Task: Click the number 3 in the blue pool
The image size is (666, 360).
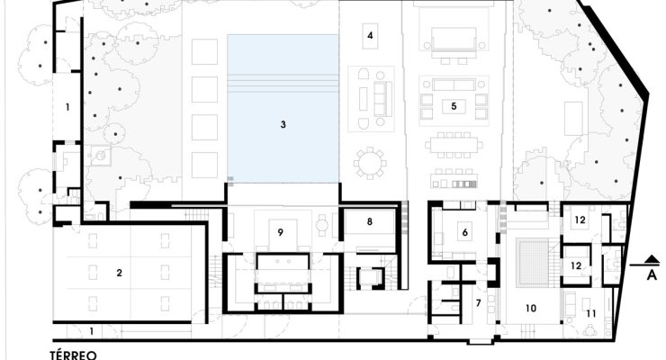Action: (283, 124)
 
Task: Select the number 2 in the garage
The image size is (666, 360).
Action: (119, 273)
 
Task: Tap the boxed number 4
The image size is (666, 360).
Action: (370, 36)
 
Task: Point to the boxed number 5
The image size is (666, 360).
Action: (454, 105)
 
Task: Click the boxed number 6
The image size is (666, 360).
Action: (464, 232)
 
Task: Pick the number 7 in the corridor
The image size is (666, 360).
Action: (478, 303)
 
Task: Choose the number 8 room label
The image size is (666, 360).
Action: (370, 221)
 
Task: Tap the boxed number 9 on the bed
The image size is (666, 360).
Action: (280, 232)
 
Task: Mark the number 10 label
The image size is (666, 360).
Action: (531, 308)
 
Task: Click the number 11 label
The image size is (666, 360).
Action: (590, 314)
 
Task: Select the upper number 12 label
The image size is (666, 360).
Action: (580, 220)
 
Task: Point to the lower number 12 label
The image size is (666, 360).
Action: (576, 265)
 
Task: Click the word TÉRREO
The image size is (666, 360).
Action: (74, 355)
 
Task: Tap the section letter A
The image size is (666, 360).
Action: (652, 275)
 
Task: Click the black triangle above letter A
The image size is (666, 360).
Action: (652, 259)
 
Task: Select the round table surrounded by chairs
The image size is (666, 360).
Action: (371, 163)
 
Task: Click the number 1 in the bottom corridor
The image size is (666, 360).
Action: (91, 331)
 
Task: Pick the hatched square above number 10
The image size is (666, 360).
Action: (533, 262)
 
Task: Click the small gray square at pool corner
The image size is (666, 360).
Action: (230, 180)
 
